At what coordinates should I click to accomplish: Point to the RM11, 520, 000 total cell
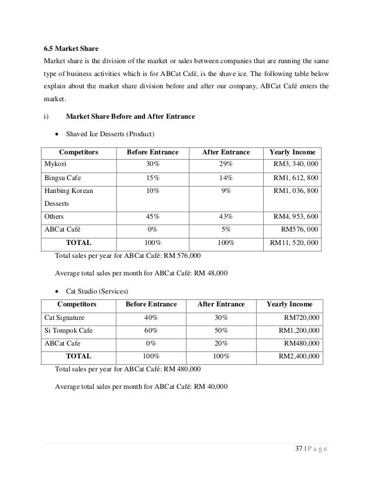[x=293, y=241]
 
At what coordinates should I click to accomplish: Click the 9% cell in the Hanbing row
[x=226, y=191]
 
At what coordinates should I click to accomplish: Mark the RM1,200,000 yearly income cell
[x=298, y=330]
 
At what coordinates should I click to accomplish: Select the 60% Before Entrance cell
[x=150, y=330]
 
